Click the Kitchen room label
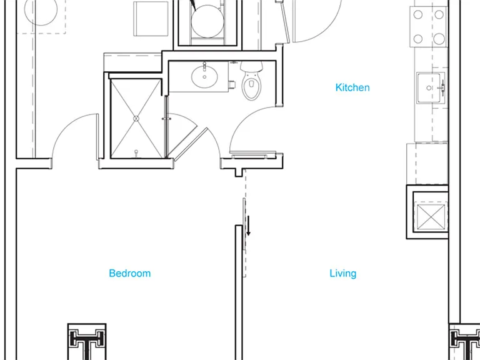[352, 87]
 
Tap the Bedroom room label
[130, 273]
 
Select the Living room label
[343, 273]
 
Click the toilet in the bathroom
[251, 80]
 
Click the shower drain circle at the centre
[136, 119]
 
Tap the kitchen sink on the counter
[431, 88]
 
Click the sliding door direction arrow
[249, 226]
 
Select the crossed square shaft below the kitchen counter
[431, 217]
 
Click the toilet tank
[251, 66]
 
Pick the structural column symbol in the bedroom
[87, 341]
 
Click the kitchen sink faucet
[441, 88]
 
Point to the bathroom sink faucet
[204, 66]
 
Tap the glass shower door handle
[166, 119]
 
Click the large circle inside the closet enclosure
[207, 21]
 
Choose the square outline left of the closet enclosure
[151, 19]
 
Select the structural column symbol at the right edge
[464, 342]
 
